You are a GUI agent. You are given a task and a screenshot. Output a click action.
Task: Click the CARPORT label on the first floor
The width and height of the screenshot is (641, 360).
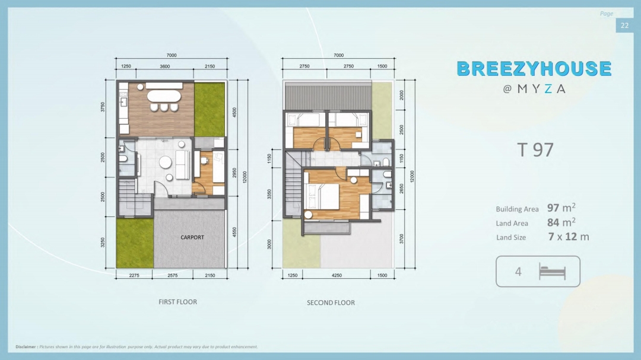coord(192,237)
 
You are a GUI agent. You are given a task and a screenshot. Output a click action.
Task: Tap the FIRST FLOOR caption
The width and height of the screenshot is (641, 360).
coord(178,302)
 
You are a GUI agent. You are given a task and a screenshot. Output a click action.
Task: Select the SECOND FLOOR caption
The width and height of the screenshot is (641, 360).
coord(331,303)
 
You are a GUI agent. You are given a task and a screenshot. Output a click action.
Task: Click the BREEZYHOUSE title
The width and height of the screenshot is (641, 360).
coord(534,69)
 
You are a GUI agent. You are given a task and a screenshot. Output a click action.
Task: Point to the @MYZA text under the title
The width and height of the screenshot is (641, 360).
coord(534,89)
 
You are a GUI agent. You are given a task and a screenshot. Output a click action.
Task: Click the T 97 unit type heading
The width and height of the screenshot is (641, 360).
coord(535,150)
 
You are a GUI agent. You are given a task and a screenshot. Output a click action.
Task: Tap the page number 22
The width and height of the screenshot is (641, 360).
coord(624,26)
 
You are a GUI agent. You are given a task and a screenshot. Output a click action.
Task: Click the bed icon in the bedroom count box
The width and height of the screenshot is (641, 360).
coord(553,272)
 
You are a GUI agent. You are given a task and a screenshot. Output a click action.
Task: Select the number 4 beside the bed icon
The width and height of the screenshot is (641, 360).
coord(518,272)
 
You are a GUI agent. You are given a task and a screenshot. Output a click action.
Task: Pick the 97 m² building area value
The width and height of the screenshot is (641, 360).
coord(561,208)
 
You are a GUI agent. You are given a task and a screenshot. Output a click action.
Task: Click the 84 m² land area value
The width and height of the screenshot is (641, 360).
coord(561,222)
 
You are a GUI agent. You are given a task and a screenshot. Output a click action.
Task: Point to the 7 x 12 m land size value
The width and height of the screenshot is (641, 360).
coord(569,237)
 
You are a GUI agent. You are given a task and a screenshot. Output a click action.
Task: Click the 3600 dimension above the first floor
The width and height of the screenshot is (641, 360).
coord(165,66)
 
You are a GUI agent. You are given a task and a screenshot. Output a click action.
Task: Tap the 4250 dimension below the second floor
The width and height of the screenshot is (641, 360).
coord(337,275)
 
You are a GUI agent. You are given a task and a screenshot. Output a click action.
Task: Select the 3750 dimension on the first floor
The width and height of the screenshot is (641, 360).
coord(103,107)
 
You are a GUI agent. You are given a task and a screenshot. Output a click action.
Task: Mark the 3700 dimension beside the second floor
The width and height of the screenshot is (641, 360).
coord(401,239)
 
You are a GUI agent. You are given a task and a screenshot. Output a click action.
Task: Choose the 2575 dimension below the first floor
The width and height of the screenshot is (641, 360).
coord(173,275)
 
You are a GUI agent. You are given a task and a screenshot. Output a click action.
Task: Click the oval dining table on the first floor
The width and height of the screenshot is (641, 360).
coord(164,97)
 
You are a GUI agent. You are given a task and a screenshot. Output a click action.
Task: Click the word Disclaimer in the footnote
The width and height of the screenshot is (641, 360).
coord(26,347)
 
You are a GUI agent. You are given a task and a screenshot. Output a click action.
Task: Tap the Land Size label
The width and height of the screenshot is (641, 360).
coord(511,237)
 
